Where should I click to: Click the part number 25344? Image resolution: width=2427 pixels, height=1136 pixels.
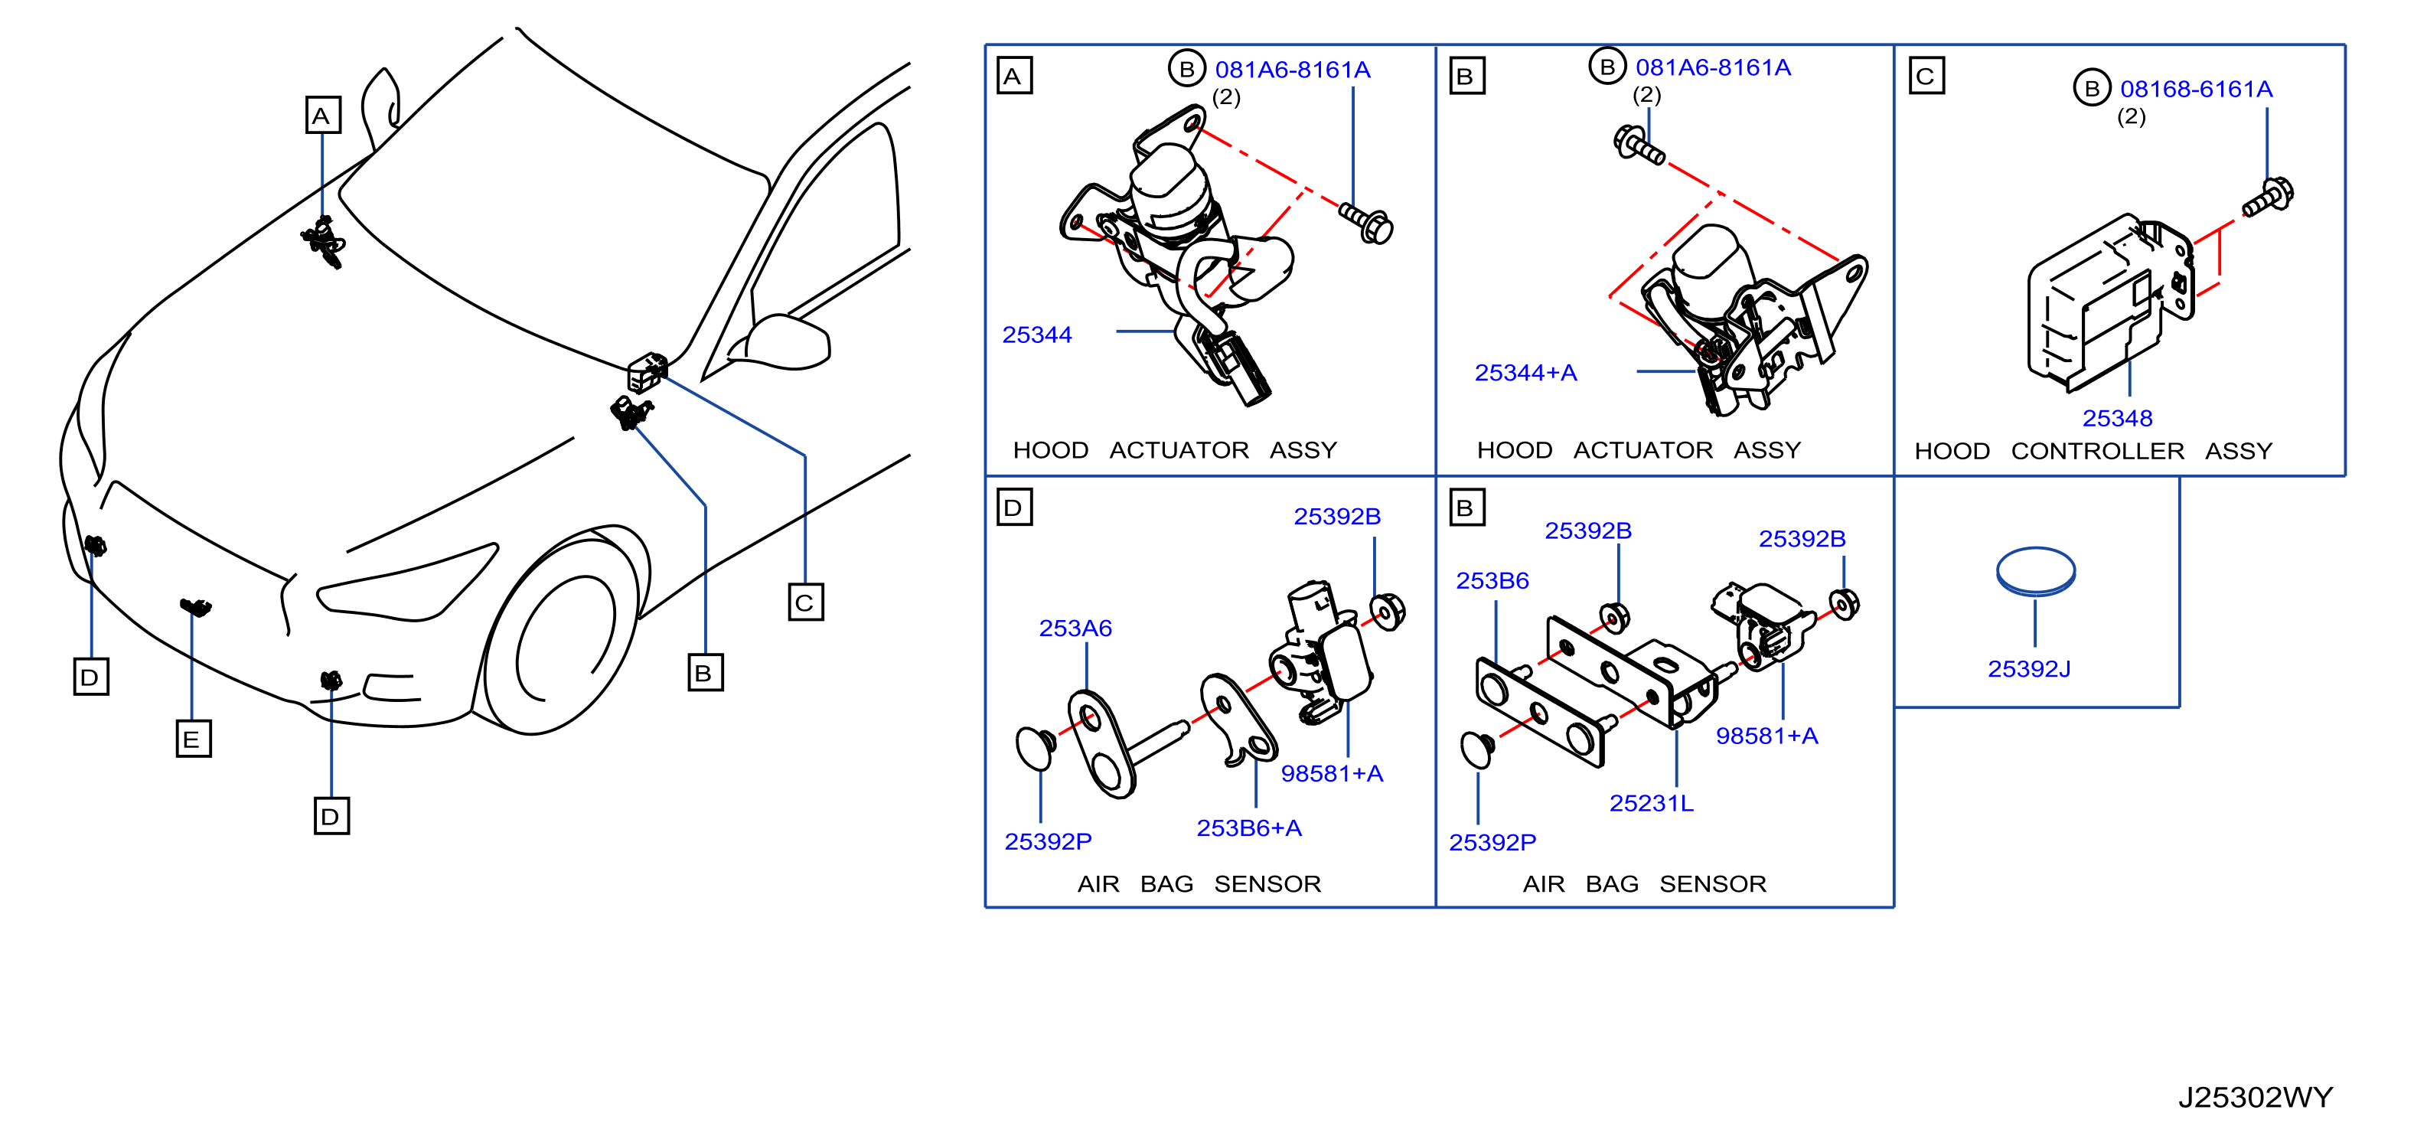coord(1036,335)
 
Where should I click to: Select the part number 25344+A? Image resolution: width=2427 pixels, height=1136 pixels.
coord(1525,372)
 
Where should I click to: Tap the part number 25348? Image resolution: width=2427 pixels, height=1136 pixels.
coord(2117,417)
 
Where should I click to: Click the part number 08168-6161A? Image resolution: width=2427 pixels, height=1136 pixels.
coord(2196,89)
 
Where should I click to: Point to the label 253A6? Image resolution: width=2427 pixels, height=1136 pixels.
coord(1075,628)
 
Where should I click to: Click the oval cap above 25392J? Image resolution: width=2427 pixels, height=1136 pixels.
coord(2035,571)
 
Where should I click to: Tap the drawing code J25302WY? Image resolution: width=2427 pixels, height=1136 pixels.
coord(2255,1096)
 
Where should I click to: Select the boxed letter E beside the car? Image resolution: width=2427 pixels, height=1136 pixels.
coord(193,739)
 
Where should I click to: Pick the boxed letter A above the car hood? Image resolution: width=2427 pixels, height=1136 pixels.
coord(322,115)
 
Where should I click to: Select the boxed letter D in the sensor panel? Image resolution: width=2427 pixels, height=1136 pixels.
coord(1014,507)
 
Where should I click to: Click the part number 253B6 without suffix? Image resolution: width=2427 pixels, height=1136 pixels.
coord(1492,580)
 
